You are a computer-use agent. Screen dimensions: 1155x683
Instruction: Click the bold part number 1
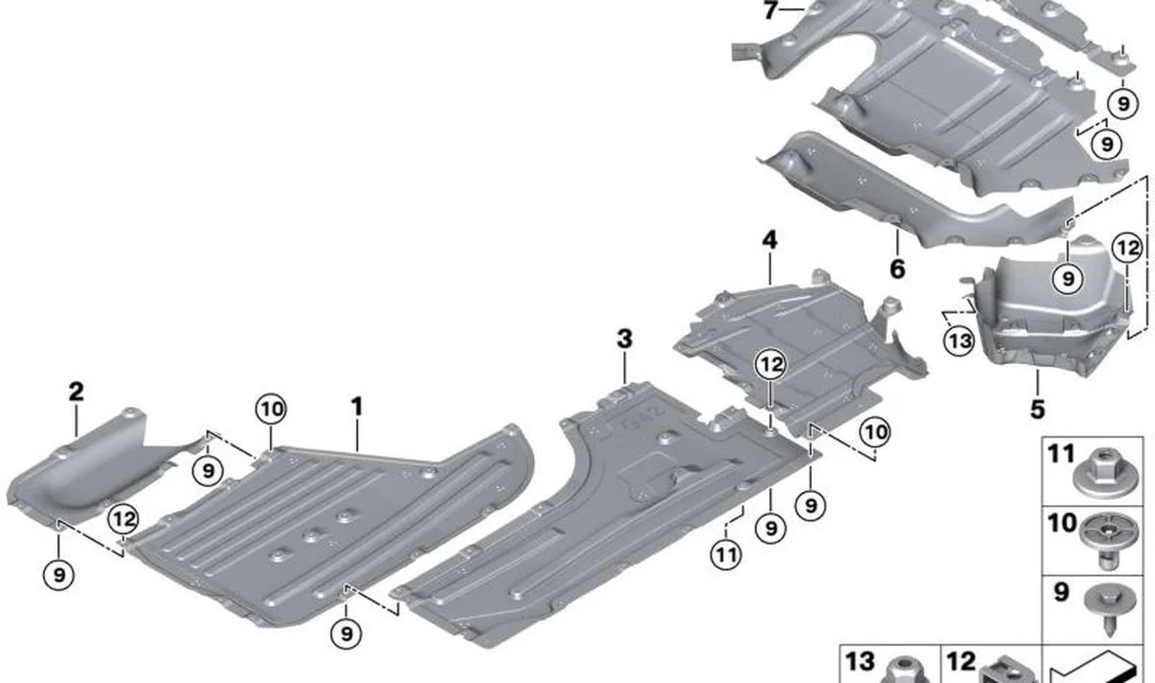[357, 407]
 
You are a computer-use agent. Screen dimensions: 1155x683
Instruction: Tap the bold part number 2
[76, 393]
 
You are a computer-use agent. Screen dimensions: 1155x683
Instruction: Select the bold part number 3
[624, 340]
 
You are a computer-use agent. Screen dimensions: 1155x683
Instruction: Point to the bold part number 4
[770, 240]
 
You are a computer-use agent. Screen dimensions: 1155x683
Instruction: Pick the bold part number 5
[1037, 409]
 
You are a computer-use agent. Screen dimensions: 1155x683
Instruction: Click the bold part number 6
[897, 269]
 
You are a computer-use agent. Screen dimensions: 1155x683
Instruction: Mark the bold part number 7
[770, 10]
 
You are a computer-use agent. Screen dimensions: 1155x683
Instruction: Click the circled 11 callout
[726, 555]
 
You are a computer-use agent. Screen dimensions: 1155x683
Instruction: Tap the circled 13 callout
[959, 341]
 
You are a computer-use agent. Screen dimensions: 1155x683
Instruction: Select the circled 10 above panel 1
[271, 409]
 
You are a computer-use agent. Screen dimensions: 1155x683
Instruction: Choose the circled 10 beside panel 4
[876, 432]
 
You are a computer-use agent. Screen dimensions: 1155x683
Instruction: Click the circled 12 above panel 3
[772, 365]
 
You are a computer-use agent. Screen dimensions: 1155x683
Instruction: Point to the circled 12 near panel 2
[123, 519]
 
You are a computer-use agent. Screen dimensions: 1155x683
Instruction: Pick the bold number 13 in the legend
[860, 662]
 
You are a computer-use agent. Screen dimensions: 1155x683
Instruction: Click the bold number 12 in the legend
[961, 662]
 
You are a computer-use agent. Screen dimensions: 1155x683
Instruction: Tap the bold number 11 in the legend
[1060, 454]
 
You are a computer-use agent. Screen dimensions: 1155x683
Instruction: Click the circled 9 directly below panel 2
[58, 574]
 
